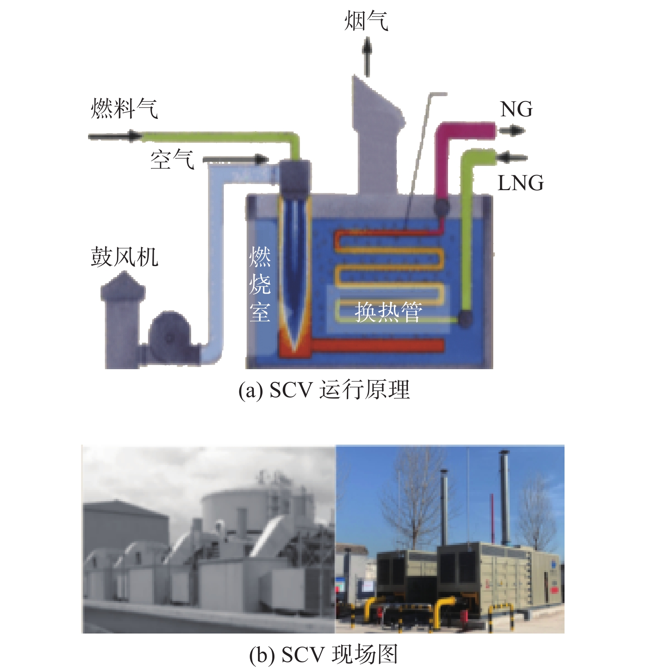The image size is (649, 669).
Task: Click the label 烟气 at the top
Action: (366, 21)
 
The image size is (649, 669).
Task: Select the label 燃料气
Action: (124, 108)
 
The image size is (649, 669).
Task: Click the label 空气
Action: (172, 159)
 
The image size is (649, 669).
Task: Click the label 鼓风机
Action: (124, 257)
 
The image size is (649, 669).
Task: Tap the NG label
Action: (516, 109)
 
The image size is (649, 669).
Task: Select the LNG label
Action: (520, 183)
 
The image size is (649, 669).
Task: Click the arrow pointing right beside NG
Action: (511, 131)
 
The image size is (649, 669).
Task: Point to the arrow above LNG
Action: (512, 157)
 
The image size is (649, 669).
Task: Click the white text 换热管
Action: (389, 312)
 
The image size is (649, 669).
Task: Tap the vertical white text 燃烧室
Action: (260, 284)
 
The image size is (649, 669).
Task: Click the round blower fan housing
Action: (169, 337)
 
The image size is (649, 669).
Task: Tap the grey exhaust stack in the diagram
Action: (377, 136)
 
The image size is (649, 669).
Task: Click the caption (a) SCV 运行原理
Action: (324, 390)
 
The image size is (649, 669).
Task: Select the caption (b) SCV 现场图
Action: (324, 654)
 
